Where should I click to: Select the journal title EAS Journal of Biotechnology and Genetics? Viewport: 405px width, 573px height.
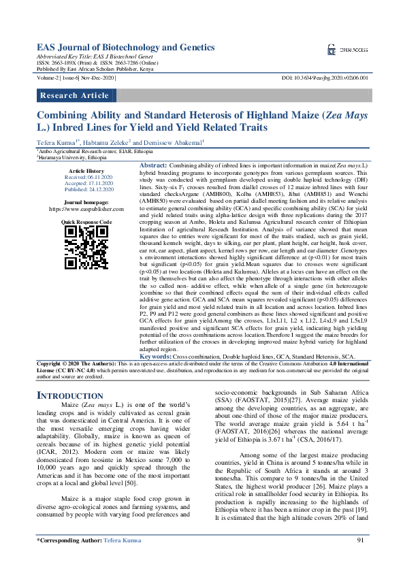click(x=125, y=47)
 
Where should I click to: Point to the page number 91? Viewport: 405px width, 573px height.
click(x=360, y=559)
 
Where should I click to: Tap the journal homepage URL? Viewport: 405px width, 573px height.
click(x=86, y=210)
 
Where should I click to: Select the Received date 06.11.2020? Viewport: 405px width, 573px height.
click(x=86, y=177)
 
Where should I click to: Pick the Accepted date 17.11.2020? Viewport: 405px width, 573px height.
click(x=86, y=183)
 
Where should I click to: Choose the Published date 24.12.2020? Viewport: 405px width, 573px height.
click(x=86, y=190)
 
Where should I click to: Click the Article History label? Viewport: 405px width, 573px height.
click(x=86, y=170)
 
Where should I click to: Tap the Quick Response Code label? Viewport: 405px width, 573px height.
click(x=86, y=223)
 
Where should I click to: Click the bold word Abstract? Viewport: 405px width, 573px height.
click(x=152, y=166)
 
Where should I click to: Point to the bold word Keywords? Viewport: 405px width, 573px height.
click(x=155, y=357)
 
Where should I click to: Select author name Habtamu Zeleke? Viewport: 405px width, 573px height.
click(x=110, y=142)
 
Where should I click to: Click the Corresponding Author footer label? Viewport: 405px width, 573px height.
click(x=69, y=559)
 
